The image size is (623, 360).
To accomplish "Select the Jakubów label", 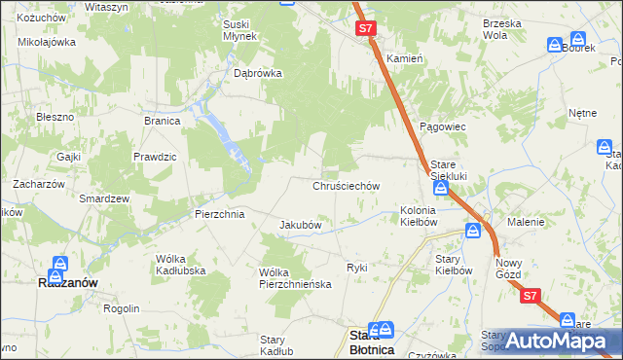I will [x=301, y=225].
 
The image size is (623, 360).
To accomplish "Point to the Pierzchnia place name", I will [x=218, y=213].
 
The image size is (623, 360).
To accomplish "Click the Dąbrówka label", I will [x=258, y=72].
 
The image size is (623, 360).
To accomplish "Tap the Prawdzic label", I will [x=155, y=156].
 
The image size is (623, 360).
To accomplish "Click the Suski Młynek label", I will [x=239, y=30].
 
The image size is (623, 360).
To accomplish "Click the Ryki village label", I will [x=357, y=267].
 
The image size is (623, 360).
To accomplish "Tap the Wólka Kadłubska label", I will [x=177, y=264].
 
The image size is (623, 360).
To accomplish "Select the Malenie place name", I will [x=526, y=222].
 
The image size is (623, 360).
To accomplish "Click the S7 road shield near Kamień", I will [x=365, y=29].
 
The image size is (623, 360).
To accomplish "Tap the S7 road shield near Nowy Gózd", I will [x=530, y=296].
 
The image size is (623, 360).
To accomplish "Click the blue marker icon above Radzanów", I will [x=60, y=264].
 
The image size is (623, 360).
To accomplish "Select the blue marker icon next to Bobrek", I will [x=554, y=45].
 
